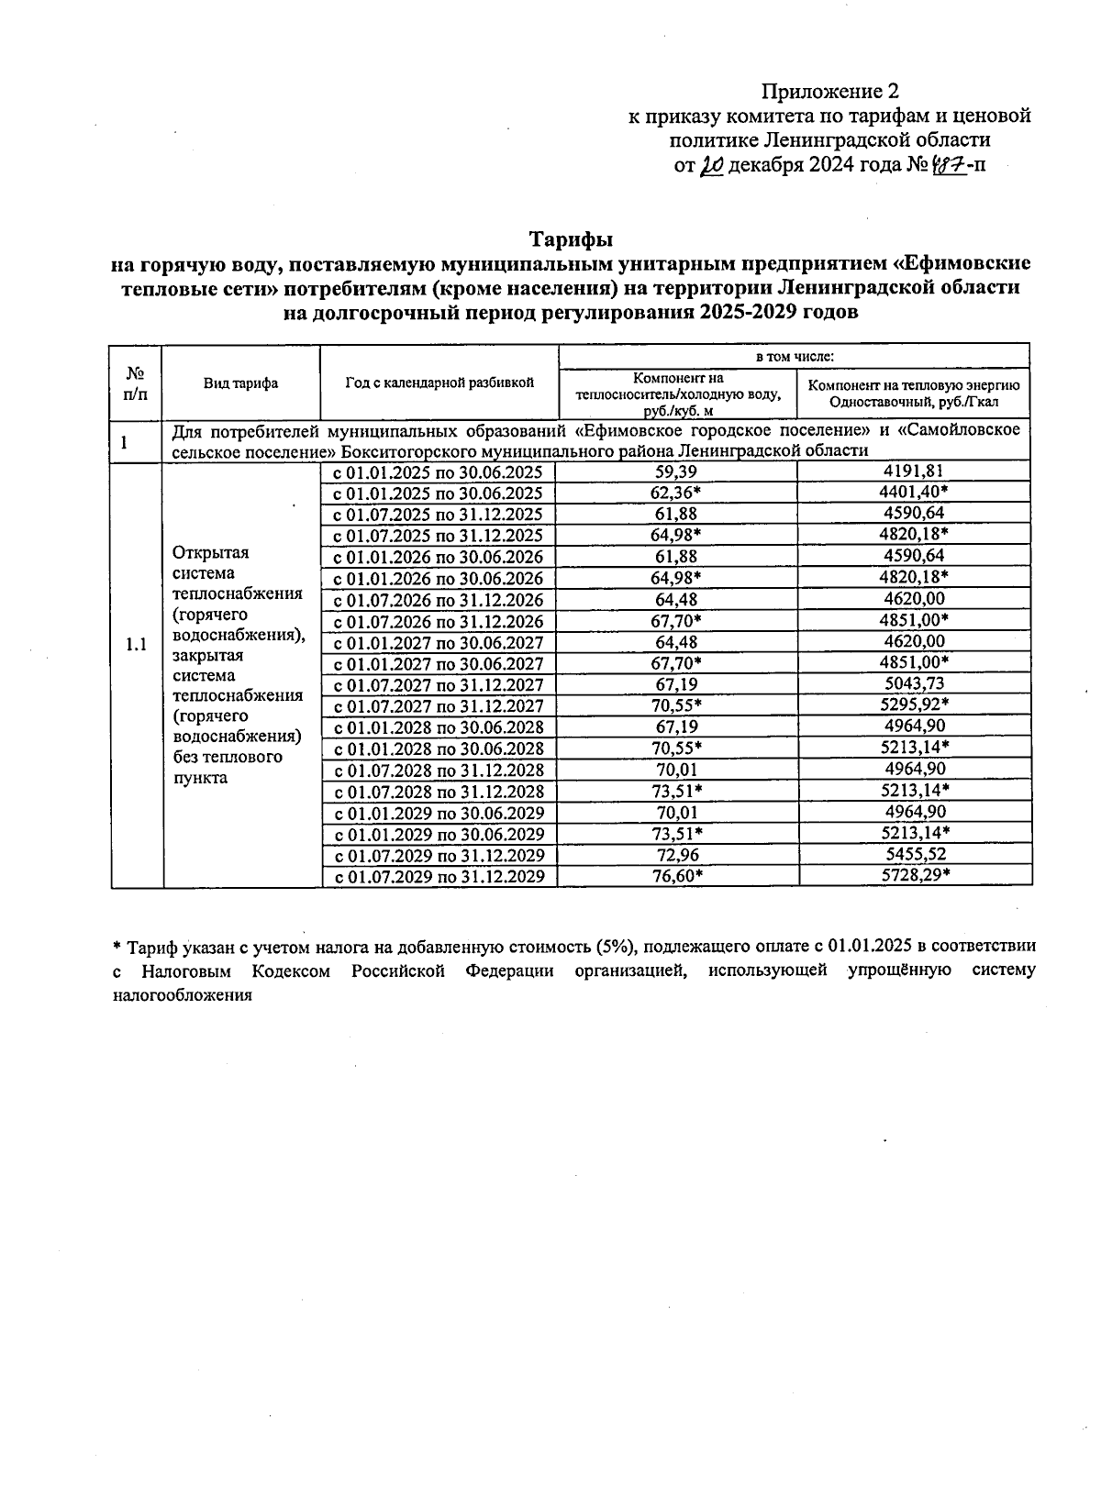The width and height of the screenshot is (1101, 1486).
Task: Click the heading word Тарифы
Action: [x=570, y=239]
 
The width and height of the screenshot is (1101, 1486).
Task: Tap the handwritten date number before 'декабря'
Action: [x=711, y=166]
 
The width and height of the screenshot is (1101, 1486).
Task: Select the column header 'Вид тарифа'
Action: [x=240, y=383]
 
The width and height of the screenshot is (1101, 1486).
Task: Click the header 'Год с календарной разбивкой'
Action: [x=439, y=383]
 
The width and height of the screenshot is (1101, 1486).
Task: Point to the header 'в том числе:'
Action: [x=794, y=356]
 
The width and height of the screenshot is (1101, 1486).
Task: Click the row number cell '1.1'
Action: [x=136, y=645]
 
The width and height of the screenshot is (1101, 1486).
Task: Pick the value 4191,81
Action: [x=913, y=471]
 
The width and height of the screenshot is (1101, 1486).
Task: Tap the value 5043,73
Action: [x=913, y=684]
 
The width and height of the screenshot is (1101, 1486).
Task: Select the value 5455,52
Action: [x=913, y=855]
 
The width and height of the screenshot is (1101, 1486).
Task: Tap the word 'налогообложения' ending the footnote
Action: [x=181, y=994]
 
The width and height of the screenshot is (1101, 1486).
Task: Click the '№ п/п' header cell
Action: [x=136, y=383]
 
